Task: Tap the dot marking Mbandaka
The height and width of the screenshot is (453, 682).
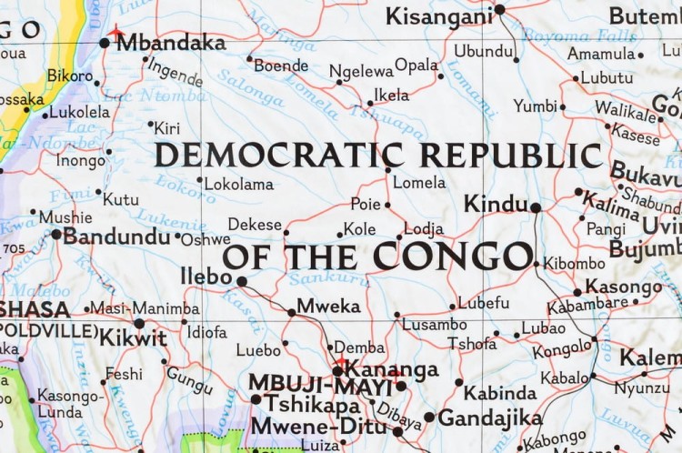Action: [x=105, y=43]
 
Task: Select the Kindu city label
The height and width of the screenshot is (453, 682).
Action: [x=496, y=204]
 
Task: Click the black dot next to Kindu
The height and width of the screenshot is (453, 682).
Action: [x=536, y=207]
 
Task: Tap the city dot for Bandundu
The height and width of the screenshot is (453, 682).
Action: [x=56, y=235]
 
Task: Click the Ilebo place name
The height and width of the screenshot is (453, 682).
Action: [x=206, y=277]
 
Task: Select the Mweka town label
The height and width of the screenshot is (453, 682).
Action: [x=328, y=306]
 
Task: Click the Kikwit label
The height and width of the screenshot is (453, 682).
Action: [x=133, y=337]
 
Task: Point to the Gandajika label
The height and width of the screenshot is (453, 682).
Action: [x=489, y=418]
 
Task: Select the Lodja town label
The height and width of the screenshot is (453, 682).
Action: [x=424, y=229]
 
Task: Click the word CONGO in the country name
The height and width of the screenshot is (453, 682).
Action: [x=452, y=257]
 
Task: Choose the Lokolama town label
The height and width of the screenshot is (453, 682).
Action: [x=238, y=184]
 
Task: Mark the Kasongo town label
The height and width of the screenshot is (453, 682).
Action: [x=623, y=287]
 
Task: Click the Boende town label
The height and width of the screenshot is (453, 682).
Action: [x=281, y=65]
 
